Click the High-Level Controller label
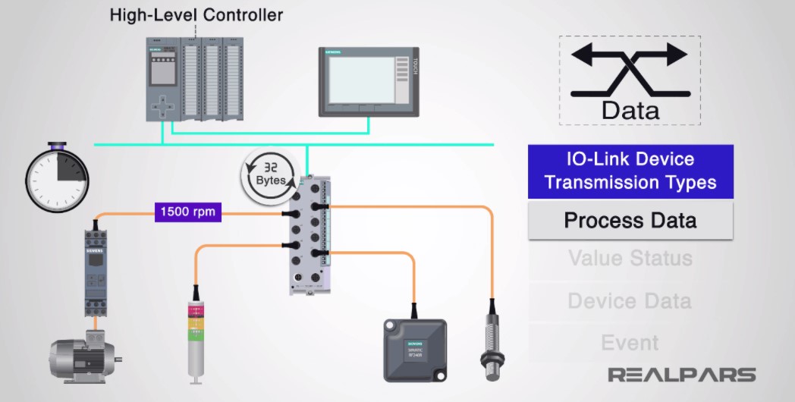pos(196,14)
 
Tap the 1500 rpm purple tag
pos(187,212)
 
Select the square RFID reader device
pos(414,348)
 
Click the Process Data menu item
pos(630,221)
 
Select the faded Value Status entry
pos(630,258)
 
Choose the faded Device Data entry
pos(630,301)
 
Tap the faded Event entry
pos(630,343)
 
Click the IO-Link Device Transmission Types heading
pos(630,171)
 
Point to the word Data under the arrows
pos(630,111)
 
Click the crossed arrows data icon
pos(630,70)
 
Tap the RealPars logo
pos(682,375)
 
